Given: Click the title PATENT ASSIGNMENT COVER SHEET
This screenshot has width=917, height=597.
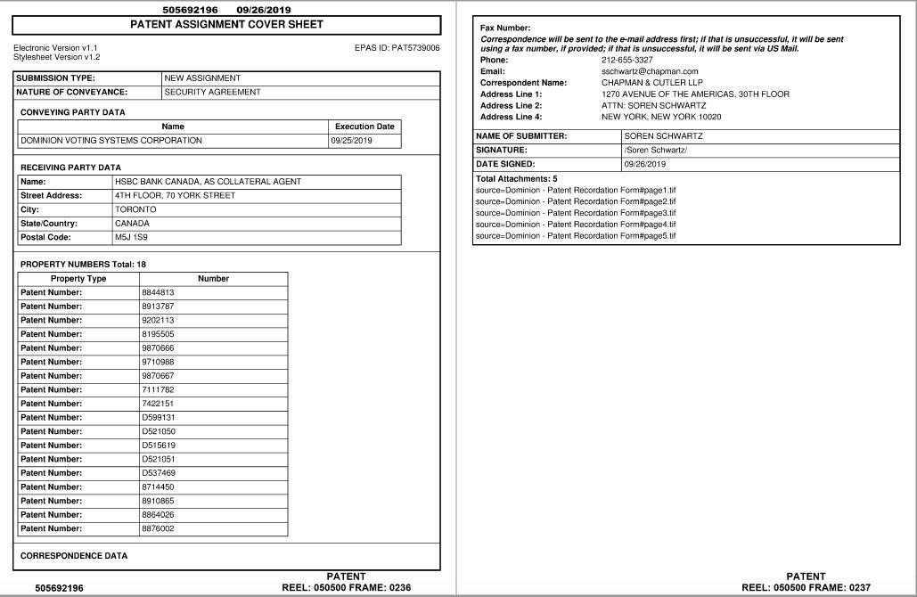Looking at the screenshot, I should coord(227,25).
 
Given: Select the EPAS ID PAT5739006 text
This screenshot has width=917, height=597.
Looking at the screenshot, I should coord(397,47).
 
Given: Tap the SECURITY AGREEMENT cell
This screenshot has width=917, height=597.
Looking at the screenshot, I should coord(212,92).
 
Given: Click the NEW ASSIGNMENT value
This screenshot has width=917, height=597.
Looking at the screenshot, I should coord(202,78).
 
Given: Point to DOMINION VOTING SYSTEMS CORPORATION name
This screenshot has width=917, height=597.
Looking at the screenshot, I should coord(111,141).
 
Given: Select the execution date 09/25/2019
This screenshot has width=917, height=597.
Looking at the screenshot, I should coord(351,141).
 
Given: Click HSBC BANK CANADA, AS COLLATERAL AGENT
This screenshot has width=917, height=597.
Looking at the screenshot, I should coord(208,182).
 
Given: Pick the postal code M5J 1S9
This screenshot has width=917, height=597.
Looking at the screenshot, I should coord(132,238).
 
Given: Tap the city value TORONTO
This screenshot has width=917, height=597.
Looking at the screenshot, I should coord(135,209).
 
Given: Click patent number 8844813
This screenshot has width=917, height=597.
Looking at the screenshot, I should coord(158,292).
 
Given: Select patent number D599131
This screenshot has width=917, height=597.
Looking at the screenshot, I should coord(159,417).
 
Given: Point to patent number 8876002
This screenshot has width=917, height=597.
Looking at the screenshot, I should coord(158,528).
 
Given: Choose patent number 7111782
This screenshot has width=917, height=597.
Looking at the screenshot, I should coord(158,389).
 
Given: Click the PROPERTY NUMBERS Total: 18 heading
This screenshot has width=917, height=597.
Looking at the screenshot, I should coord(83,265).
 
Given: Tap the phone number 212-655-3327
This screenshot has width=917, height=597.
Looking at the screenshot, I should coord(626,60).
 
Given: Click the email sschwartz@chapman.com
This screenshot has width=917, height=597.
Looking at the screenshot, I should coord(650,71).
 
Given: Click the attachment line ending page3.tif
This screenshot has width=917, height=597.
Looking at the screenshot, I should coord(576,213).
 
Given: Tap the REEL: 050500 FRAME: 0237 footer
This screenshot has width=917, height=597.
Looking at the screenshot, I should coord(806,587).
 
